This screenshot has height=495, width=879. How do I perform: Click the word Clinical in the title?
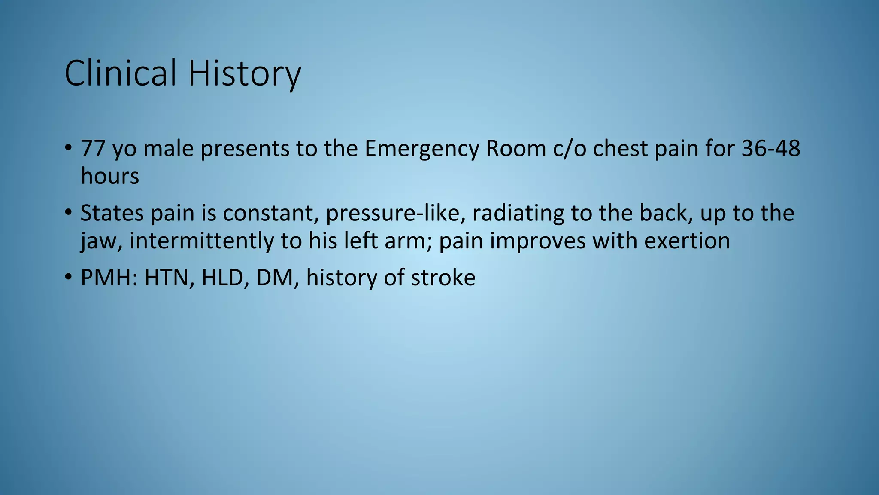pyautogui.click(x=120, y=73)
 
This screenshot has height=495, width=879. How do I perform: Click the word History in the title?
pyautogui.click(x=245, y=73)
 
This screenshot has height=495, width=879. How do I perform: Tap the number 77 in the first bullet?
pyautogui.click(x=93, y=149)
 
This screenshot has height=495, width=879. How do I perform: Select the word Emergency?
pyautogui.click(x=421, y=149)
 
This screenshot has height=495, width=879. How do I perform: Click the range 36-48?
pyautogui.click(x=771, y=149)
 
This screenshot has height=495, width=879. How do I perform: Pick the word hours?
pyautogui.click(x=110, y=176)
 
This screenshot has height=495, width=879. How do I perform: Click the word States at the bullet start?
pyautogui.click(x=112, y=213)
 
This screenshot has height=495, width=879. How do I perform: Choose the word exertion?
pyautogui.click(x=687, y=241)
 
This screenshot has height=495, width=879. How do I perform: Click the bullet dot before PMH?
pyautogui.click(x=68, y=277)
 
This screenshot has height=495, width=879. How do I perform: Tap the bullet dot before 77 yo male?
pyautogui.click(x=68, y=148)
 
